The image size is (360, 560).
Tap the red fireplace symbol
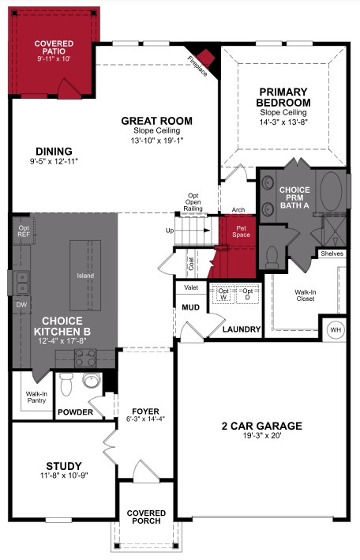(x=207, y=58)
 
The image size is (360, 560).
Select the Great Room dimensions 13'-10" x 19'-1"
(x=156, y=141)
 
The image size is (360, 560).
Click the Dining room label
(x=54, y=151)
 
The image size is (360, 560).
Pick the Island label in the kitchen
(x=85, y=276)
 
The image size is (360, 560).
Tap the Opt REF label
(x=23, y=232)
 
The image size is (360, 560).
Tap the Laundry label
(x=242, y=329)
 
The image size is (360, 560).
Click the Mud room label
(x=190, y=307)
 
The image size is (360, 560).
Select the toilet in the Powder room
(x=67, y=385)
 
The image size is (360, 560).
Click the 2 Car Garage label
(x=261, y=426)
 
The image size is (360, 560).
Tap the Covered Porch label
(x=146, y=517)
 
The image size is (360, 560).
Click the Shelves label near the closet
(x=332, y=254)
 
